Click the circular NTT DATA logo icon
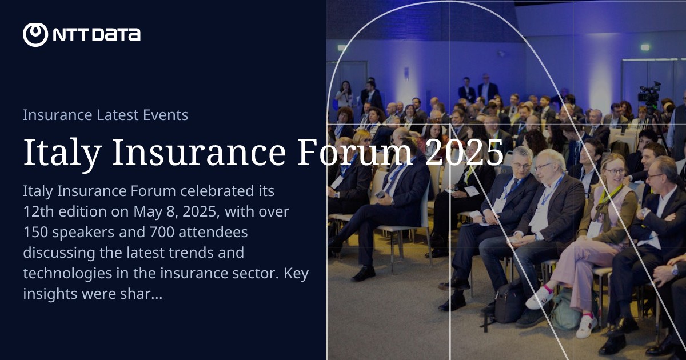click(x=35, y=35)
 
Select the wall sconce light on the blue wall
click(x=406, y=73)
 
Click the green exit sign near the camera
click(x=645, y=47)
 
